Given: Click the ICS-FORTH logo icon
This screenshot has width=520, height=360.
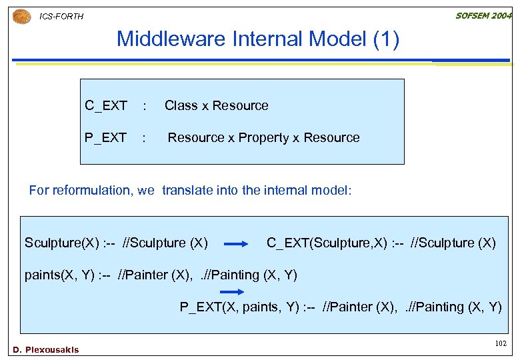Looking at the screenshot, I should pyautogui.click(x=21, y=16).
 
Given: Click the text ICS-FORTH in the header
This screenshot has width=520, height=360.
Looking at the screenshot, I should pyautogui.click(x=62, y=17).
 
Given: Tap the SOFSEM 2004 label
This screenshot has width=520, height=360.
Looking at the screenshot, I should pyautogui.click(x=483, y=15).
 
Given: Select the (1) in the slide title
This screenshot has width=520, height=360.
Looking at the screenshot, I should pyautogui.click(x=386, y=40).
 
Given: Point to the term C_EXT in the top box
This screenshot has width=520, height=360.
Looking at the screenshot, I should pyautogui.click(x=106, y=105).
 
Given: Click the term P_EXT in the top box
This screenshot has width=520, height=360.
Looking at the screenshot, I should pyautogui.click(x=105, y=137).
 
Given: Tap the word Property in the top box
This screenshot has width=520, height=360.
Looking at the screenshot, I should pyautogui.click(x=264, y=137).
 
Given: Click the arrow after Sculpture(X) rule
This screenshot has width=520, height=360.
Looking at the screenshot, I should pyautogui.click(x=236, y=245).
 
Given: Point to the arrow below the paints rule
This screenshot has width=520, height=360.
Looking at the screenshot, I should pyautogui.click(x=232, y=292).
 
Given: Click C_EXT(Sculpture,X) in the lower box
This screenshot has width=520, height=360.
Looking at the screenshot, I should pyautogui.click(x=327, y=243).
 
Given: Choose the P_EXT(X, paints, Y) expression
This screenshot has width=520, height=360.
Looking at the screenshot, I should pyautogui.click(x=238, y=307).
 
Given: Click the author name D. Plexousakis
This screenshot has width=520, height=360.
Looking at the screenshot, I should pyautogui.click(x=45, y=349).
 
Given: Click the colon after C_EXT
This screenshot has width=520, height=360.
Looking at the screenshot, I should pyautogui.click(x=144, y=106).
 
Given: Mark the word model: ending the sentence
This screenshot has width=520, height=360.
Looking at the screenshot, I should pyautogui.click(x=331, y=190).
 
